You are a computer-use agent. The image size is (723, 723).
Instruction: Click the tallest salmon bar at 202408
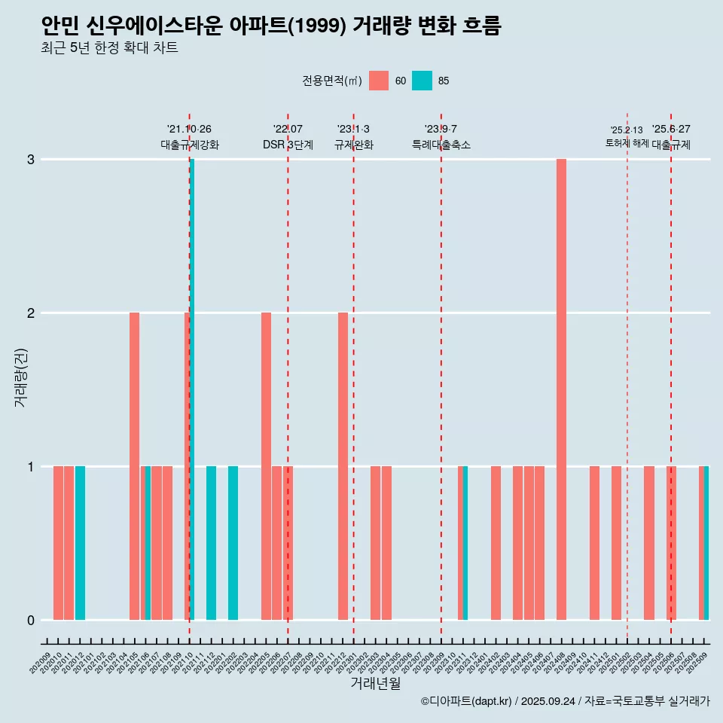pyautogui.click(x=561, y=389)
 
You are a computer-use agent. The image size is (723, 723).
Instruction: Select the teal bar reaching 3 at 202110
pyautogui.click(x=192, y=389)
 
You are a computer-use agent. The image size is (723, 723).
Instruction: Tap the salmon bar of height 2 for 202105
pyautogui.click(x=134, y=466)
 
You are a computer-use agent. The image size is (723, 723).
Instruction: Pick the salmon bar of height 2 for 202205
pyautogui.click(x=266, y=466)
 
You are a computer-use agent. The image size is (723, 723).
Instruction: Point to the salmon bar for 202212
pyautogui.click(x=343, y=466)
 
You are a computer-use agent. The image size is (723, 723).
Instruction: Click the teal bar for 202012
pyautogui.click(x=80, y=543)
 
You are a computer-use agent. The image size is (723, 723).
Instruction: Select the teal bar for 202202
pyautogui.click(x=233, y=543)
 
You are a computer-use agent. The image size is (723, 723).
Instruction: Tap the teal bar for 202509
pyautogui.click(x=706, y=543)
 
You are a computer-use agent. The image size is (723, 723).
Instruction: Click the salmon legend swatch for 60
pyautogui.click(x=379, y=81)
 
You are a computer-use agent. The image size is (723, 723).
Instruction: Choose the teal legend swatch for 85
pyautogui.click(x=422, y=81)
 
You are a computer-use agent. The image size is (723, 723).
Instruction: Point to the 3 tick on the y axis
pyautogui.click(x=31, y=160)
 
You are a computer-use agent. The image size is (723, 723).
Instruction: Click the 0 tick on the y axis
pyautogui.click(x=31, y=621)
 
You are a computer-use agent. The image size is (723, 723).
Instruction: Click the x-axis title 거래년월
pyautogui.click(x=375, y=683)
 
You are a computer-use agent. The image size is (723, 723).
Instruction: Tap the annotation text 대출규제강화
pyautogui.click(x=190, y=145)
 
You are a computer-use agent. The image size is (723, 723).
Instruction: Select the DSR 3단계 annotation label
pyautogui.click(x=288, y=145)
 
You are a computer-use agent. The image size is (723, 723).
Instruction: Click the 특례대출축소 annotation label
pyautogui.click(x=441, y=145)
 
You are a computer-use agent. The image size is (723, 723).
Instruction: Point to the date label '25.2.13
pyautogui.click(x=627, y=130)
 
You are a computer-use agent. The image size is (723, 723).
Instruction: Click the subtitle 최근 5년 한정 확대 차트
pyautogui.click(x=110, y=48)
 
